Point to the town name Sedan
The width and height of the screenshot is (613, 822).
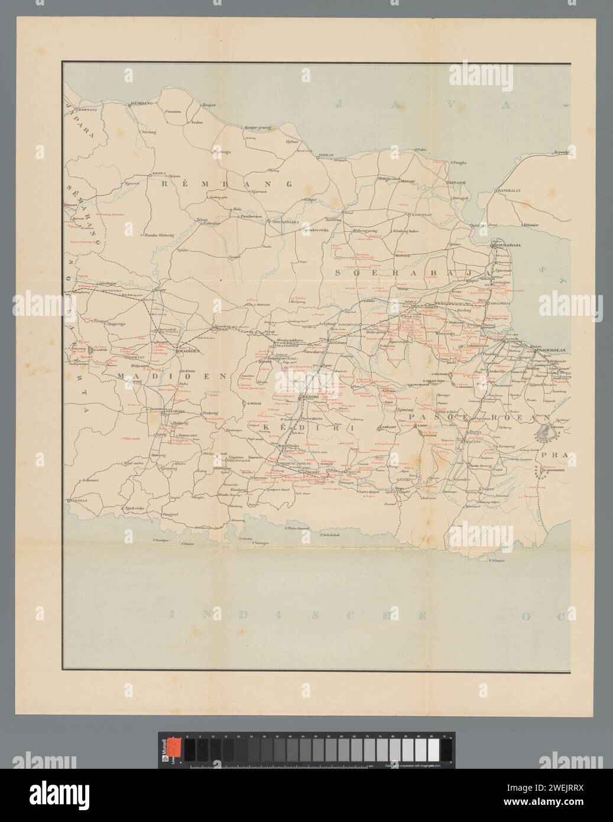pos(197,122)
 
